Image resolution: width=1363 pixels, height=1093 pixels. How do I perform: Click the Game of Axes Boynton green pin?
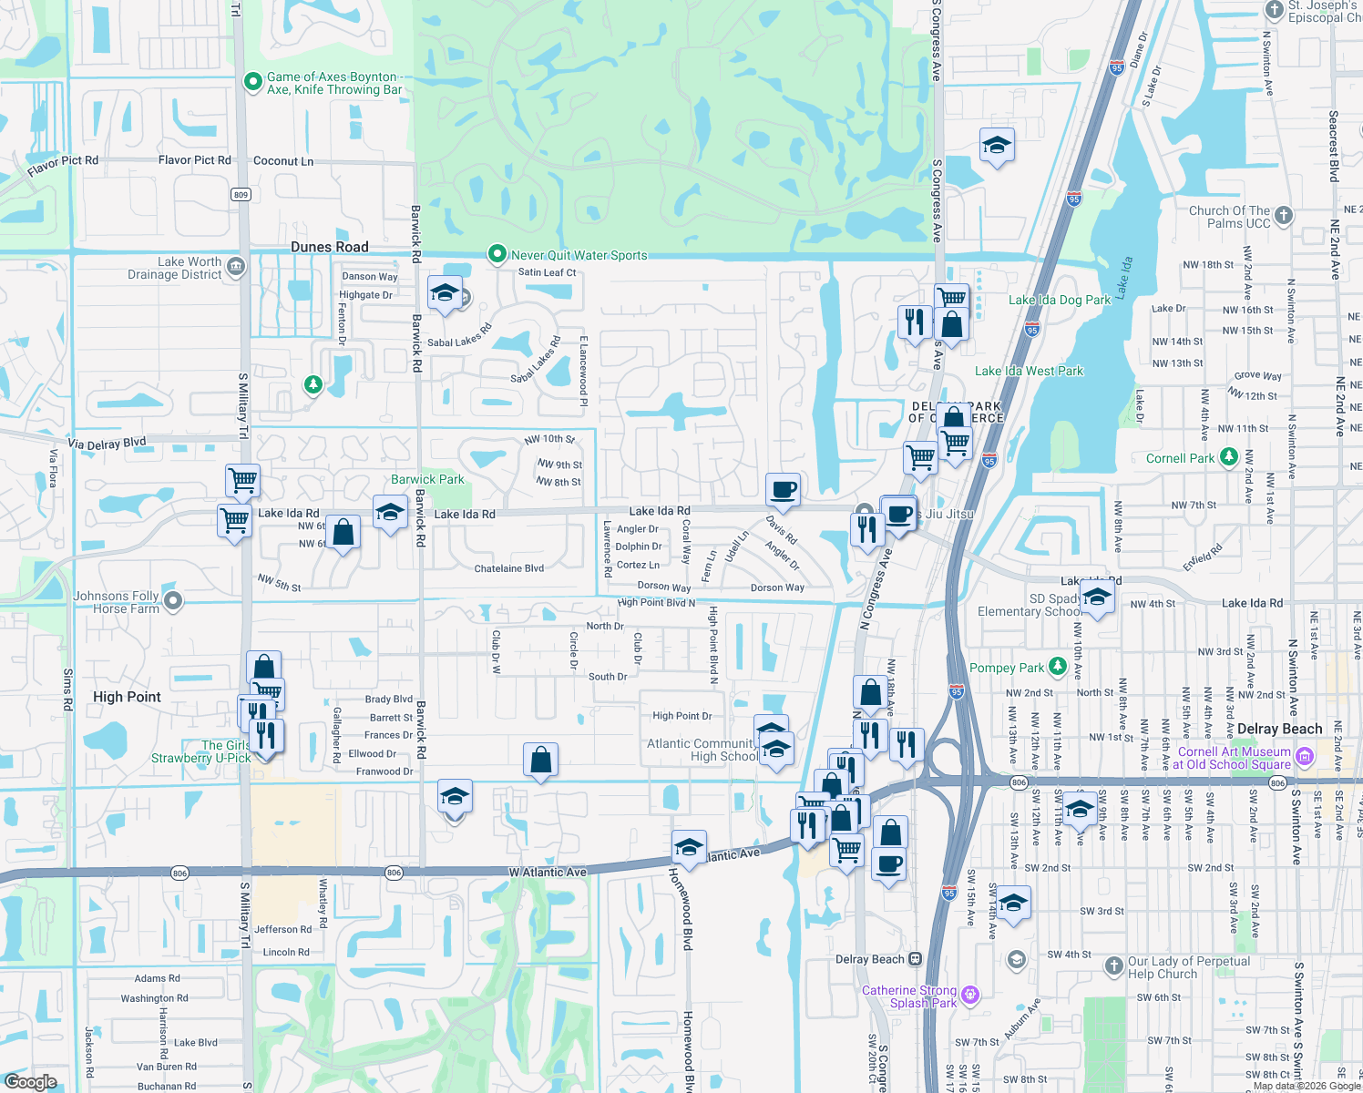click(253, 82)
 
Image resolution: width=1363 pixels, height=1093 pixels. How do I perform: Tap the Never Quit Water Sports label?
click(579, 255)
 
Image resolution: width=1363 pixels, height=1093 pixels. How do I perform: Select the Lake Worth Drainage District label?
click(175, 268)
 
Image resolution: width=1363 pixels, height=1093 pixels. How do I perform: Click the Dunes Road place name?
click(330, 247)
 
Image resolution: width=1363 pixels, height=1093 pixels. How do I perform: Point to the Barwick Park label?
click(427, 479)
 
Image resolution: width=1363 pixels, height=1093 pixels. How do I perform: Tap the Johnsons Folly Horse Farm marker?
click(173, 600)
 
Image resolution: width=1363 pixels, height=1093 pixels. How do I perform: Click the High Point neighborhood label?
click(127, 697)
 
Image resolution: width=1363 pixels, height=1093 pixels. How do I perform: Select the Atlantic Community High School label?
click(702, 750)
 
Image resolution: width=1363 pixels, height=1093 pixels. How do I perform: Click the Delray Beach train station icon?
click(915, 959)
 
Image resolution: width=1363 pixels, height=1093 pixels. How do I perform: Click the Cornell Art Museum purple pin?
click(1304, 756)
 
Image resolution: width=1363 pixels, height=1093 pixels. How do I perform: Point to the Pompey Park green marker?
click(1057, 667)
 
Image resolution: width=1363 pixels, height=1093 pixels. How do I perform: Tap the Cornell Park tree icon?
click(1228, 456)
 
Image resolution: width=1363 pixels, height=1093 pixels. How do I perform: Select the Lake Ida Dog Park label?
click(1059, 300)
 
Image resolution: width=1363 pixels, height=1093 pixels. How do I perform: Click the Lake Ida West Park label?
click(1029, 371)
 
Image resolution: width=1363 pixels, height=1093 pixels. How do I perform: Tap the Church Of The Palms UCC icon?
click(1283, 215)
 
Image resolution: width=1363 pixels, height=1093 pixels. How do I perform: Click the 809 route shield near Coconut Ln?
click(241, 194)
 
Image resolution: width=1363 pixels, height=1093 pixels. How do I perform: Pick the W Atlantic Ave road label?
click(548, 872)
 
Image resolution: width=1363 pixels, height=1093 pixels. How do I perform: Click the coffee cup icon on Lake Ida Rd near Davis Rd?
click(783, 490)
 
